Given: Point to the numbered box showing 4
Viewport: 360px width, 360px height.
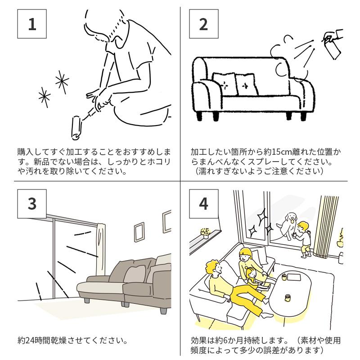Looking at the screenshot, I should (203, 203).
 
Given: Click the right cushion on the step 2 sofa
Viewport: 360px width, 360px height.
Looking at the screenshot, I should (245, 85).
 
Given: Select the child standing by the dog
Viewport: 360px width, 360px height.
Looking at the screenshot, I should (305, 238).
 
